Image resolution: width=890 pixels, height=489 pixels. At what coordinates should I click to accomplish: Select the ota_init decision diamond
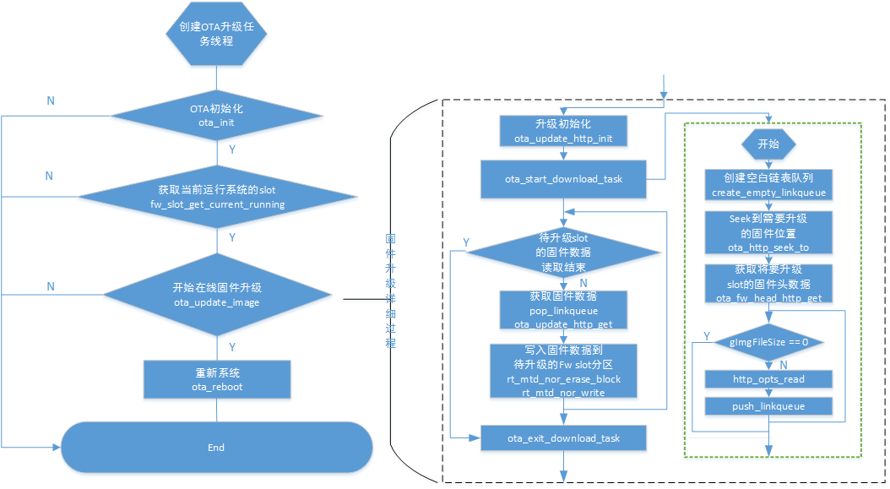point(217,116)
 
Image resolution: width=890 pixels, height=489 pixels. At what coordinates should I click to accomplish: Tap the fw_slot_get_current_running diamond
point(217,198)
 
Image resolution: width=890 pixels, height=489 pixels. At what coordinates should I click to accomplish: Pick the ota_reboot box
point(217,380)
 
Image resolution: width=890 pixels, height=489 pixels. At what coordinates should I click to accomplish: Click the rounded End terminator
point(217,447)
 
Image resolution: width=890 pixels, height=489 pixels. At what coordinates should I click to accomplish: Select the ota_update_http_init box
point(563,132)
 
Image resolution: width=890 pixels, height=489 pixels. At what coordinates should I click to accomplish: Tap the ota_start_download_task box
point(563,179)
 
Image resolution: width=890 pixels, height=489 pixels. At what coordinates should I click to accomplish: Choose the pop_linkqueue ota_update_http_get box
point(563,310)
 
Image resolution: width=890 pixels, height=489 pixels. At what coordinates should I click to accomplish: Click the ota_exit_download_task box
point(563,437)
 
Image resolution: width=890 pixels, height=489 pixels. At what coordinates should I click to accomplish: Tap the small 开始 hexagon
point(768,144)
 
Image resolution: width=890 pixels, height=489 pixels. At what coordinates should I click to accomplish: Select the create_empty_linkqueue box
point(768,185)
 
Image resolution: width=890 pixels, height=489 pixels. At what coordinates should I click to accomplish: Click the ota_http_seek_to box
point(768,232)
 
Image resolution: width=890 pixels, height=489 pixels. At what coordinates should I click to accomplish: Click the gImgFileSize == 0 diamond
point(768,342)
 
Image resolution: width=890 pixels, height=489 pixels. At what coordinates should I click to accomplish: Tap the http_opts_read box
point(768,379)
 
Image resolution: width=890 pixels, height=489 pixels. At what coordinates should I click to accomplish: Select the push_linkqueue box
point(768,406)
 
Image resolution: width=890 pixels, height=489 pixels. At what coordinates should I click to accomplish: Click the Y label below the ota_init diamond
point(232,149)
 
